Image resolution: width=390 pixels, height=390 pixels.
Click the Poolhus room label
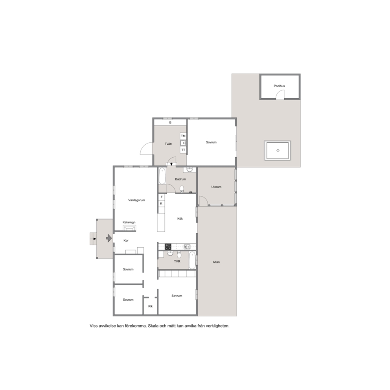(279, 86)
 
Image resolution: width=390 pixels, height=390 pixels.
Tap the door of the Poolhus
(280, 95)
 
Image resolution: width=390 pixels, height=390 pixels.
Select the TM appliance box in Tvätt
(183, 136)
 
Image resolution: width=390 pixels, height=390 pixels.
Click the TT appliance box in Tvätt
(183, 150)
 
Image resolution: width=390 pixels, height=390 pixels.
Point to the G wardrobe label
(170, 122)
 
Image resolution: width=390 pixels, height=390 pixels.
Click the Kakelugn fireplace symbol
(129, 228)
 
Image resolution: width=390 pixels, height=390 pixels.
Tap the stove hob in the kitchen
(168, 247)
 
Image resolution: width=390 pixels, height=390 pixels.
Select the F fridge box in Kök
(162, 197)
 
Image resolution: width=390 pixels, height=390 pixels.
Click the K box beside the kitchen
(162, 204)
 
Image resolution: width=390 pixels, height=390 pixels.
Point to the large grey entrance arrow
(109, 238)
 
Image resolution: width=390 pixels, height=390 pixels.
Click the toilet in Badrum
(182, 189)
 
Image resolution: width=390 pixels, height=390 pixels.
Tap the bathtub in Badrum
(162, 176)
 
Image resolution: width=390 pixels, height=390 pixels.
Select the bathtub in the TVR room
(192, 260)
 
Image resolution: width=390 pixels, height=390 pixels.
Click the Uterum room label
(216, 187)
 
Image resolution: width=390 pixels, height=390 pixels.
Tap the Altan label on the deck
(216, 262)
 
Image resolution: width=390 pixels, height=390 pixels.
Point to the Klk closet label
(151, 306)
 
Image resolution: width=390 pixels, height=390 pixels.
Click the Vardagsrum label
(136, 200)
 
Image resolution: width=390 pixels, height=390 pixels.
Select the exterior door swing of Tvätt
(147, 148)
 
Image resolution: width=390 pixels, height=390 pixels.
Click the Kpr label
(126, 241)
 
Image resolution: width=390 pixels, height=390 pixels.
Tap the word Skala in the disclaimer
(153, 326)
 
